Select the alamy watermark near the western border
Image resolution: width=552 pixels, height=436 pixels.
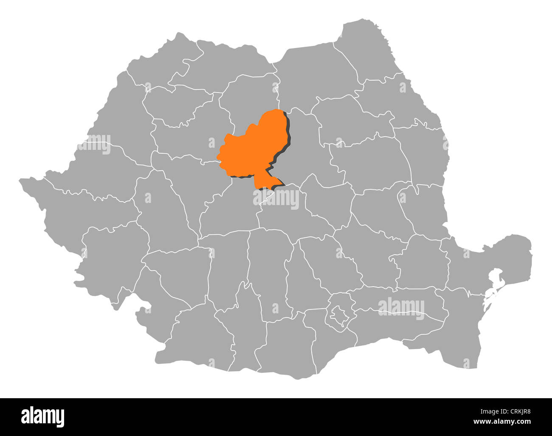click(94, 144)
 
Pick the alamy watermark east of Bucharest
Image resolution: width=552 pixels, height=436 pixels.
click(401, 308)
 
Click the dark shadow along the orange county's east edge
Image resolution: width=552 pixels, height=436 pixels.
click(290, 136)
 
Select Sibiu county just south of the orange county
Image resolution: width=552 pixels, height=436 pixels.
click(229, 210)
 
